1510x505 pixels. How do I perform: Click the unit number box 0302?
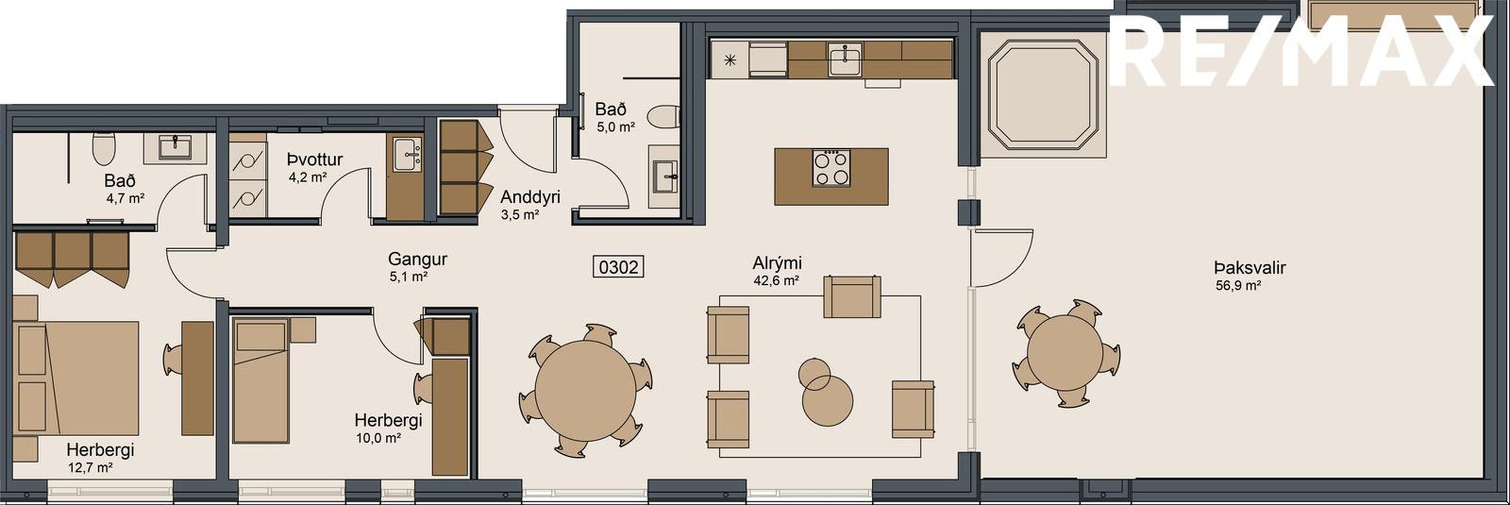[x=618, y=267]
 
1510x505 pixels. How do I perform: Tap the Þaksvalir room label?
[x=1250, y=268]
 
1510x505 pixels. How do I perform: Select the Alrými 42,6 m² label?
[x=777, y=270]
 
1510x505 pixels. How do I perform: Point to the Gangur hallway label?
[x=418, y=259]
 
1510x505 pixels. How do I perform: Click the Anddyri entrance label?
[x=530, y=196]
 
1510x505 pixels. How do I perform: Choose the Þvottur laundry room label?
[x=315, y=159]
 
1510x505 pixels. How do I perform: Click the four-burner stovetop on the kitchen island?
[x=831, y=168]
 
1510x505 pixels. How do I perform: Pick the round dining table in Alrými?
[x=585, y=391]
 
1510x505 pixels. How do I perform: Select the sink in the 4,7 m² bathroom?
[x=175, y=148]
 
